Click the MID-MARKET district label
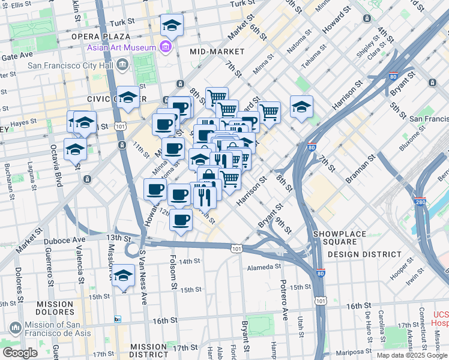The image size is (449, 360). [x=217, y=52]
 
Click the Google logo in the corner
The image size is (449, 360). [x=19, y=353]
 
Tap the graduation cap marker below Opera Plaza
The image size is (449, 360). [x=172, y=25]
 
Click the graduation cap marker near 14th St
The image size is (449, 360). [x=124, y=276]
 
